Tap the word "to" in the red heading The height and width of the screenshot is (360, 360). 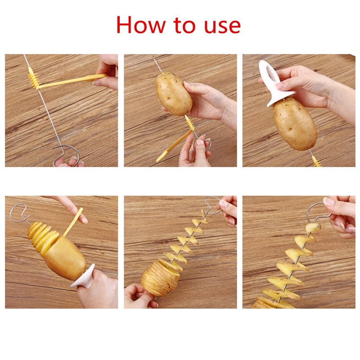pos(190,25)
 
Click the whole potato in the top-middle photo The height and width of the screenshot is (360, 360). pos(173,92)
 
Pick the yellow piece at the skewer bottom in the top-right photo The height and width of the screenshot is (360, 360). pos(316,161)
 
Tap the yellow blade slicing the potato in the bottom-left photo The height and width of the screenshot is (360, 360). pos(72,223)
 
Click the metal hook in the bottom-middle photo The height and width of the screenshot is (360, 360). pos(211,205)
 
